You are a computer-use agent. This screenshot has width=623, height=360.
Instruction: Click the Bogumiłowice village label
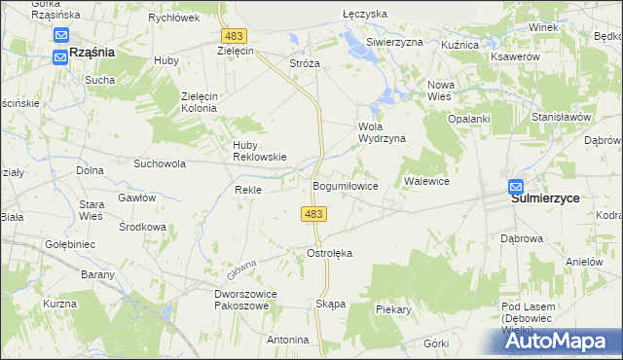coord(345,185)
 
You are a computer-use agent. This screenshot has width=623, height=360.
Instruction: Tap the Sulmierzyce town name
coord(545,198)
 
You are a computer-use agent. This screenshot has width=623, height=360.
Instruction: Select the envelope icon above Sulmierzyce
coord(516,187)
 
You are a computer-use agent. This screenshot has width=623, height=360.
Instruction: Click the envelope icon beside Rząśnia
coord(60,54)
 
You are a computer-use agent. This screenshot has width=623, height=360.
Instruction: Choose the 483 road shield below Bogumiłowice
coord(313,213)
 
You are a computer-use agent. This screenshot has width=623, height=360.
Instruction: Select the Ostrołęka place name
coord(329,253)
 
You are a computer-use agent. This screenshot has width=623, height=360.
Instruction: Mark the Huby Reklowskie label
coord(258,151)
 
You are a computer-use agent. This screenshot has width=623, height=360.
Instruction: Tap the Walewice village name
coord(425,181)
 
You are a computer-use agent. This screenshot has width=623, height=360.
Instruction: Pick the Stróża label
coord(305,62)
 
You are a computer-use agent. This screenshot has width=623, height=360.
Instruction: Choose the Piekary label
coord(394,309)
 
